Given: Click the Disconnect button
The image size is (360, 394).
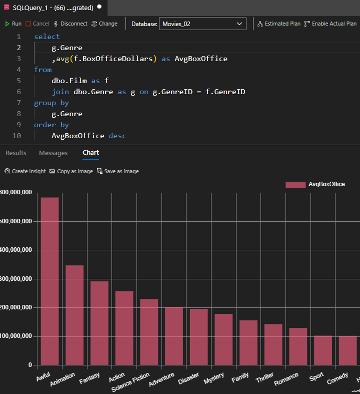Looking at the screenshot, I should coord(70,24).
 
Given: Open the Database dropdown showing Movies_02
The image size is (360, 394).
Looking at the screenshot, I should coord(202,24).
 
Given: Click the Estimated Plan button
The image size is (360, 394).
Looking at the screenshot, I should coord(279,24).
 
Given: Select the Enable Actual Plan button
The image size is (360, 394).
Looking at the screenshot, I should coord(330,24).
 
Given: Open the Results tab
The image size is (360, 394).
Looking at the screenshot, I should coord(15,153).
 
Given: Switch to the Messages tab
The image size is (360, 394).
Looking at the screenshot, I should coord(53,153).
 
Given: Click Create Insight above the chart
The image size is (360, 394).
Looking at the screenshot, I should coord(25,171).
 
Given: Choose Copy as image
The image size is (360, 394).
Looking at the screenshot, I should coord(71,171).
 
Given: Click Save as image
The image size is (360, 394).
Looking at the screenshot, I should coord(117,171).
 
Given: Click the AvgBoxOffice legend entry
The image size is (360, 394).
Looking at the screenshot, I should coord(315,184).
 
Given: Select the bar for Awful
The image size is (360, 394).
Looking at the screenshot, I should coord(49,280).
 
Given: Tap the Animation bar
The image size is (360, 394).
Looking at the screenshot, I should coord(74,315).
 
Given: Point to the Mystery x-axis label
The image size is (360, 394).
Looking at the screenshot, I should coord(214,378).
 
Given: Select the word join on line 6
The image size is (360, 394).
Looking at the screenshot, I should coord(60,92).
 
